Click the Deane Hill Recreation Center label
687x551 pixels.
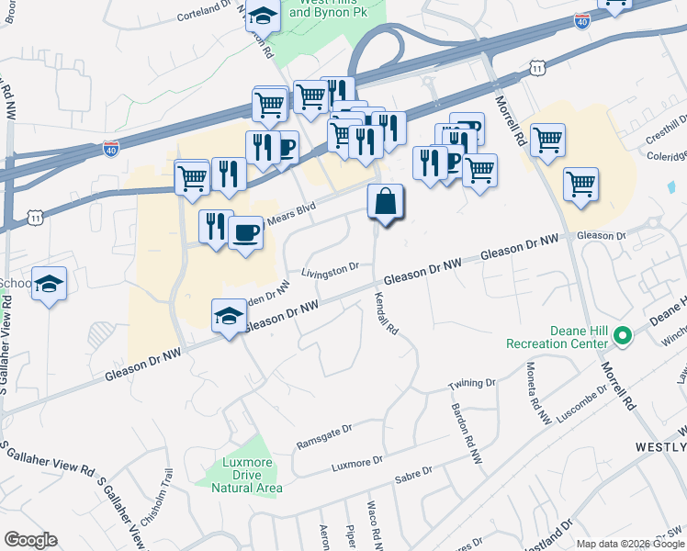(x=557, y=337)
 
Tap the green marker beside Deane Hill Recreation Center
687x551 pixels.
(x=624, y=337)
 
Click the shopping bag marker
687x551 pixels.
(x=386, y=202)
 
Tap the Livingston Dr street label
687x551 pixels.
(x=330, y=271)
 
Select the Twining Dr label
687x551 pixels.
(x=471, y=383)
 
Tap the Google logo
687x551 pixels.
(x=30, y=540)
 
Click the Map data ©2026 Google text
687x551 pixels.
(x=629, y=543)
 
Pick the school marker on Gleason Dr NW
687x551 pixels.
(x=230, y=316)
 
